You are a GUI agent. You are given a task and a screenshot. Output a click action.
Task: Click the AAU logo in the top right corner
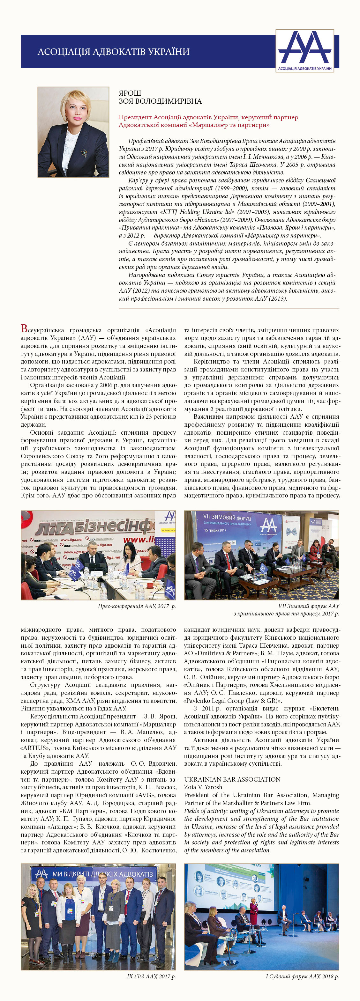(x=305, y=50)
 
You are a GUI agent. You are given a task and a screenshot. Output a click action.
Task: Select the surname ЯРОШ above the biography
(x=130, y=93)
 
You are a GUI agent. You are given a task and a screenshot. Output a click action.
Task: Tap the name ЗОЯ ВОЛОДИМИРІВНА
(x=160, y=101)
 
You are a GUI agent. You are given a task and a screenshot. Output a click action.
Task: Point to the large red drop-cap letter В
(x=24, y=329)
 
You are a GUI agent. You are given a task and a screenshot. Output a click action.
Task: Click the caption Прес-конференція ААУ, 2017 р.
(x=137, y=606)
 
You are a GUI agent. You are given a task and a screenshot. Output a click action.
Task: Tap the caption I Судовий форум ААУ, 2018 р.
(x=302, y=976)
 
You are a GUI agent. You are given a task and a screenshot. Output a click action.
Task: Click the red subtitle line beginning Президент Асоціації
(x=208, y=117)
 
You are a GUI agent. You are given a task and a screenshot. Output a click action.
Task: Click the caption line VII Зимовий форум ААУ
(x=308, y=606)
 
